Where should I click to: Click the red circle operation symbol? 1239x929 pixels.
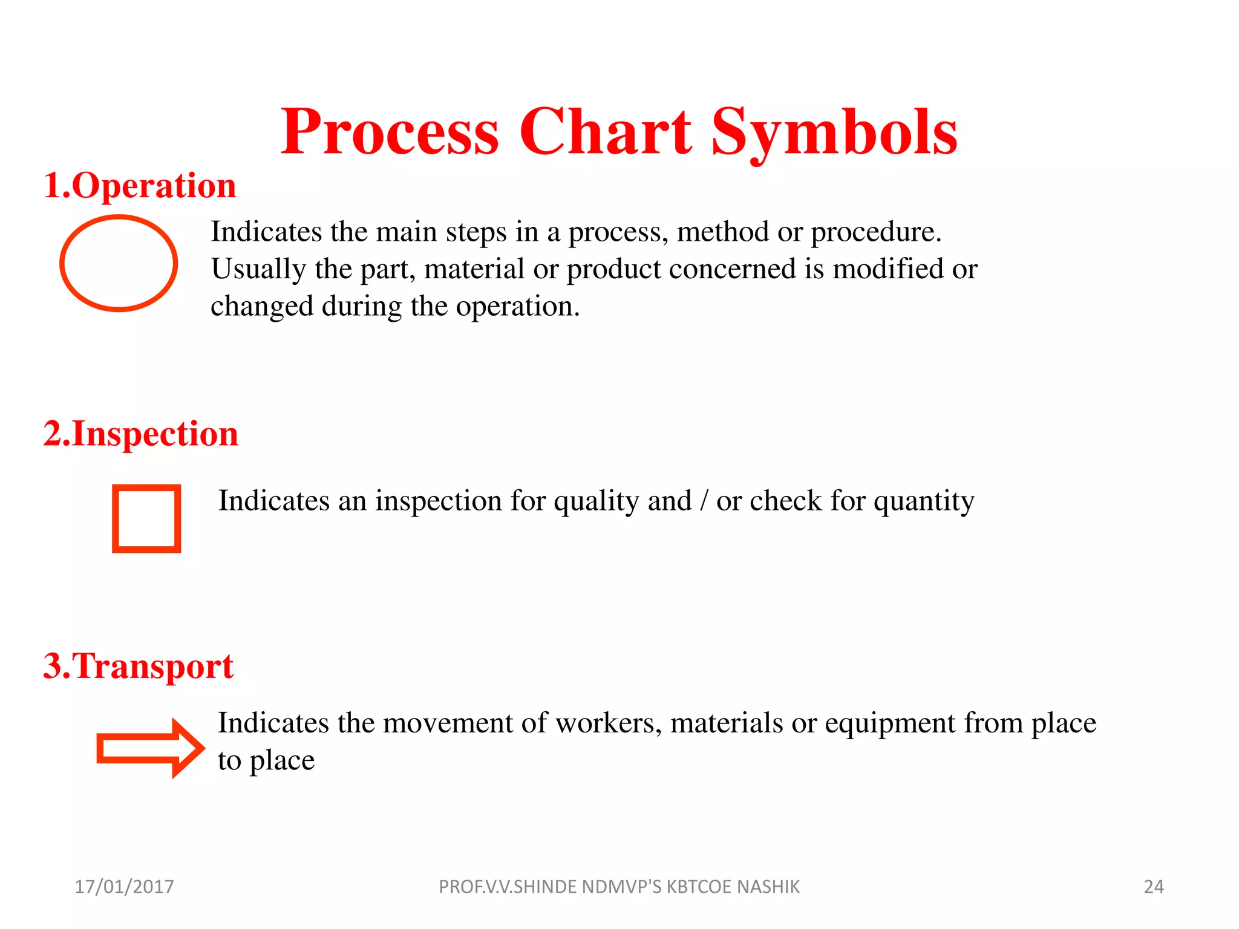click(x=119, y=263)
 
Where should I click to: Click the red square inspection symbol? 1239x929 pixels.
click(x=146, y=518)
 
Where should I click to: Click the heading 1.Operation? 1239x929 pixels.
click(x=140, y=186)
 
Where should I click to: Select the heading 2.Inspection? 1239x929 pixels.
click(x=141, y=434)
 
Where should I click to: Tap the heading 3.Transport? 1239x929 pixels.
click(x=139, y=666)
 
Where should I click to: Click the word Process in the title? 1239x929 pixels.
click(x=390, y=132)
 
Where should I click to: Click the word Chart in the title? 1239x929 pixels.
click(x=605, y=132)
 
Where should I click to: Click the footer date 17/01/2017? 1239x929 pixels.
click(x=124, y=887)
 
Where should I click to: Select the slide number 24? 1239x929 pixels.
click(x=1154, y=887)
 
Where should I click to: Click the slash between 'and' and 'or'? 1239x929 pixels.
click(x=704, y=501)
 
